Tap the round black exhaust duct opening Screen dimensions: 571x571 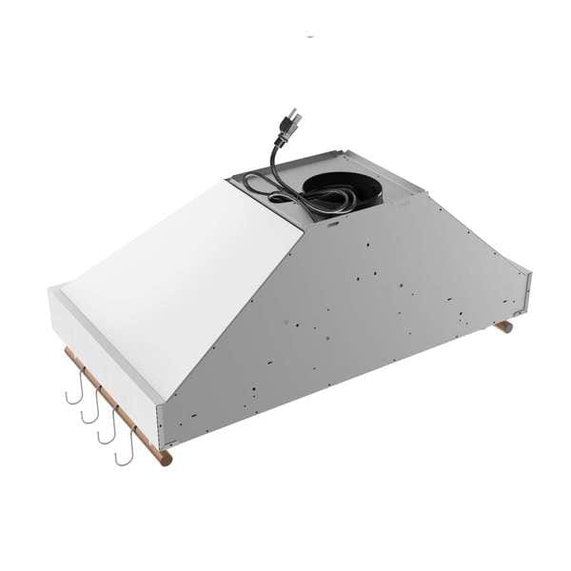pyautogui.click(x=332, y=187)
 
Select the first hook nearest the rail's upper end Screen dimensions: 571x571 pyautogui.click(x=72, y=384)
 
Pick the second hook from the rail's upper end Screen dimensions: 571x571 pyautogui.click(x=89, y=404)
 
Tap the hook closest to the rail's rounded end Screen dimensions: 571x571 pyautogui.click(x=124, y=447)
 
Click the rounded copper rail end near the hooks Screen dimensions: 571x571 pyautogui.click(x=166, y=460)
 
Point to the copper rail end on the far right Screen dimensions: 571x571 pyautogui.click(x=504, y=326)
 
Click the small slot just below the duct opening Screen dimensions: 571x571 pyautogui.click(x=332, y=227)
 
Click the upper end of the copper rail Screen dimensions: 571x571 pyautogui.click(x=68, y=353)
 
